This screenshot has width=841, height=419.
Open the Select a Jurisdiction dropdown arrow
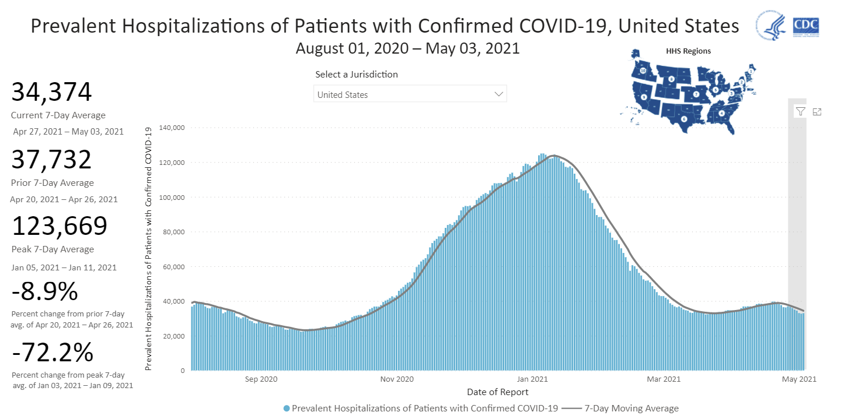click(498, 94)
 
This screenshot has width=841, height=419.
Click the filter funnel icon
click(800, 111)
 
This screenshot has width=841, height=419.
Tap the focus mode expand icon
click(817, 111)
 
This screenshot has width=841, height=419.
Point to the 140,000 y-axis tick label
click(173, 128)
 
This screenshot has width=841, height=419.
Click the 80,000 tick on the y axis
click(175, 232)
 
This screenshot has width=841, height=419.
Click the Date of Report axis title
click(498, 392)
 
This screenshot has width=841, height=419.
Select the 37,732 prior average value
click(51, 160)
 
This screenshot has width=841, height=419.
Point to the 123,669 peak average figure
click(59, 227)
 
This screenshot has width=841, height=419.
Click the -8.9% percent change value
click(44, 290)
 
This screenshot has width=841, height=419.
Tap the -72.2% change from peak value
click(52, 353)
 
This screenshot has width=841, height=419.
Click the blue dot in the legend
click(286, 409)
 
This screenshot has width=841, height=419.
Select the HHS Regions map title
click(688, 51)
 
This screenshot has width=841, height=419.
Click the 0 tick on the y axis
click(183, 371)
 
